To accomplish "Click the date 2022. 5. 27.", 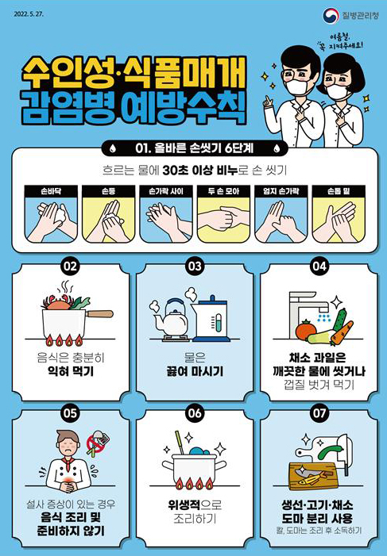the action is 29,14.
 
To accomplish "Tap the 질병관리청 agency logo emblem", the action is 331,15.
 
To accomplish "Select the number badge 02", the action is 71,266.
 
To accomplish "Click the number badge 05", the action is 71,412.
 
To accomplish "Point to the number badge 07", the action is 319,412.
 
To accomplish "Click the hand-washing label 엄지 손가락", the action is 281,191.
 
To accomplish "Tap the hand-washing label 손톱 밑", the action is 339,191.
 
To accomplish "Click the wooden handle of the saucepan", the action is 100,314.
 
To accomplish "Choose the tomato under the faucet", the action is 305,331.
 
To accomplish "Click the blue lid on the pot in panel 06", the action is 199,451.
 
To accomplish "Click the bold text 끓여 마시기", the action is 195,372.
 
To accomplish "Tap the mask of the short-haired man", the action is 296,87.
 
